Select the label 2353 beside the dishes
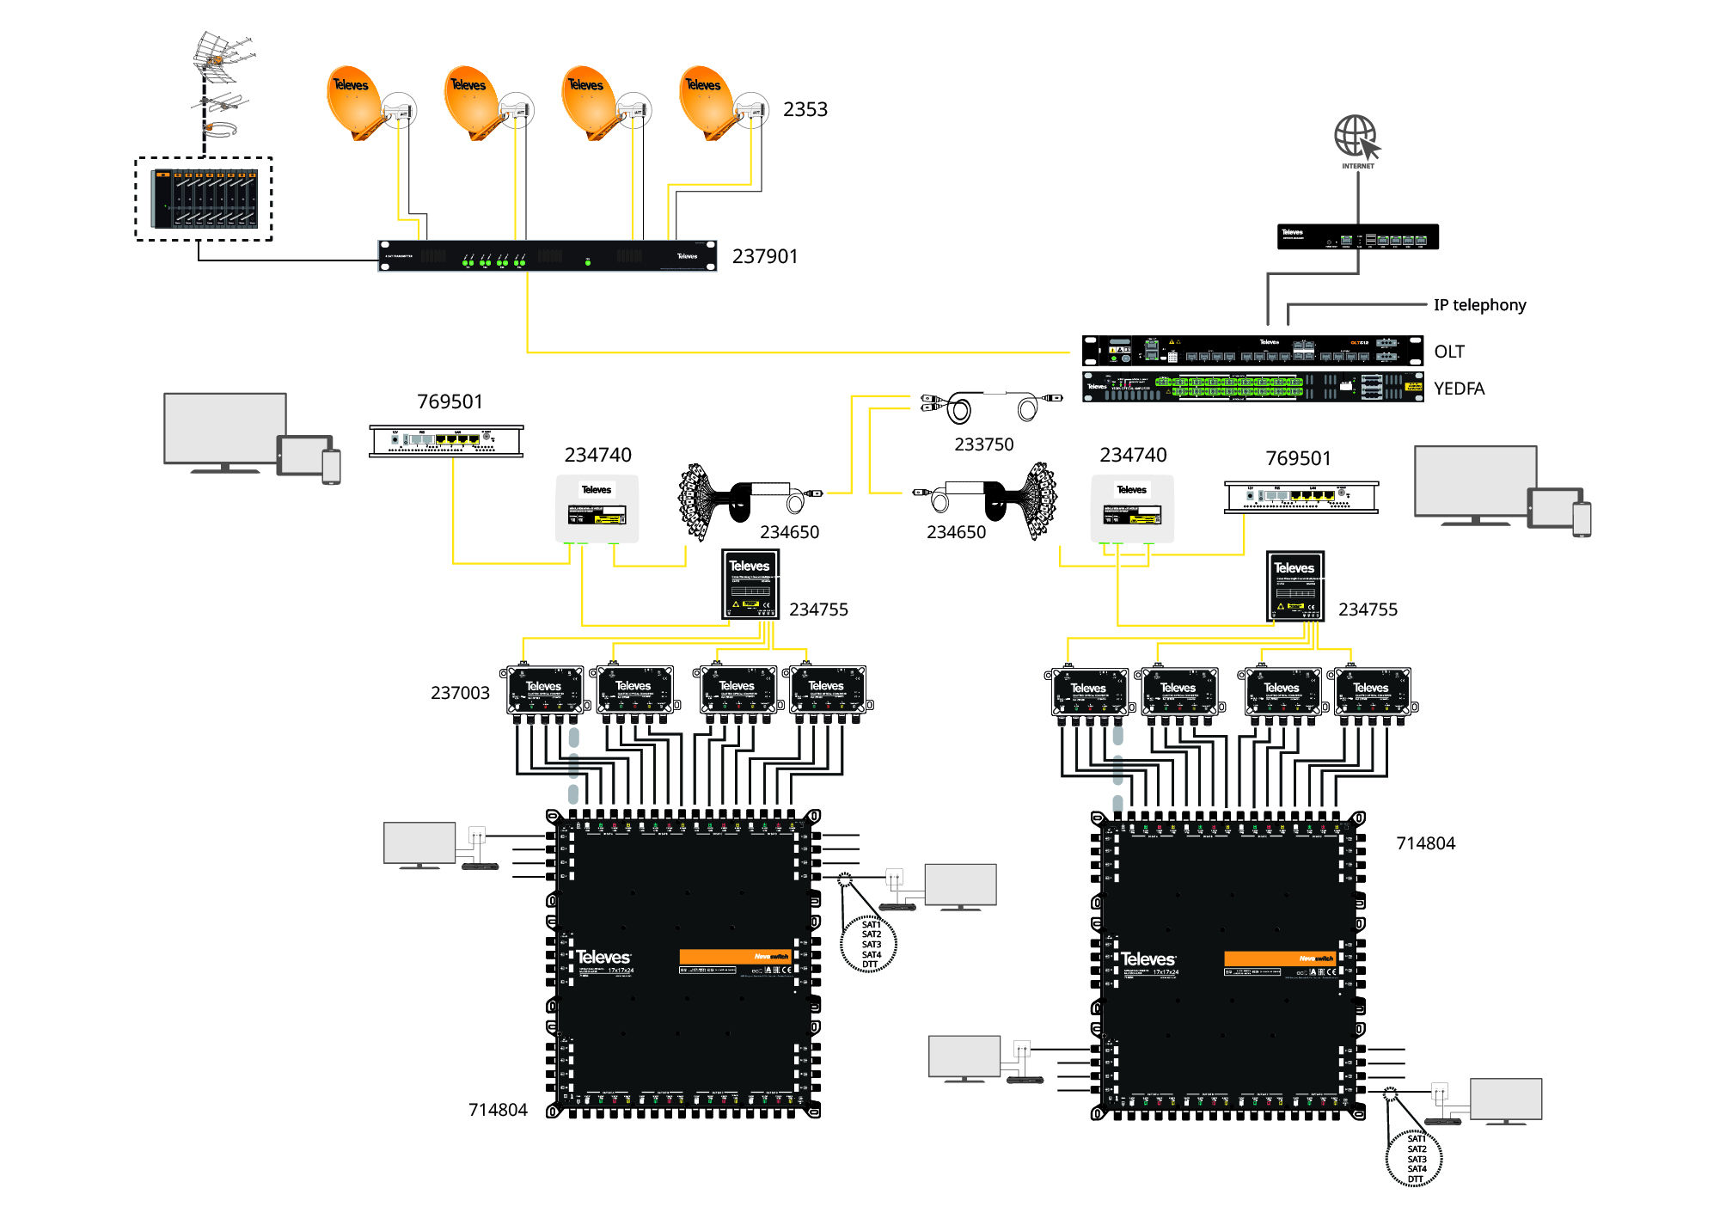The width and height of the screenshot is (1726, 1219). coord(805,109)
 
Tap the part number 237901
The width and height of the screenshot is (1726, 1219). coord(765,256)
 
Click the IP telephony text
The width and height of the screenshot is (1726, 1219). coord(1479,304)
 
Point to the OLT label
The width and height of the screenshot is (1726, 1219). coord(1449,352)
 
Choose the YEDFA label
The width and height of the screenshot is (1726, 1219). coord(1459,389)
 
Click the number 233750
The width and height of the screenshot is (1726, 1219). coord(983,444)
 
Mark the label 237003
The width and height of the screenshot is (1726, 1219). coord(460,693)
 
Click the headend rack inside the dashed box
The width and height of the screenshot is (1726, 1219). coord(205,199)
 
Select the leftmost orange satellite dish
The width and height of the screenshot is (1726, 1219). coord(353,101)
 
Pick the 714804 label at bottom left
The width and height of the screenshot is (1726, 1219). coord(498,1110)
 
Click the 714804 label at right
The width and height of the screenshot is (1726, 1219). coord(1425,843)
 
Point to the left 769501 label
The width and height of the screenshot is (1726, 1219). coord(450,401)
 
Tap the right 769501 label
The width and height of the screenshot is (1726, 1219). coord(1298,458)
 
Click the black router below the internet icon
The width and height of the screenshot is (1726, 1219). coord(1357,237)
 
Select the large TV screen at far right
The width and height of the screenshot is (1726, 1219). coord(1475,481)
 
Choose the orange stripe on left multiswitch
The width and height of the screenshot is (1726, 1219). coord(735,956)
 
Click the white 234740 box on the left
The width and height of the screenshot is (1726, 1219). coord(597,508)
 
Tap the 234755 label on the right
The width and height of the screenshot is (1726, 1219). coord(1368,609)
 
